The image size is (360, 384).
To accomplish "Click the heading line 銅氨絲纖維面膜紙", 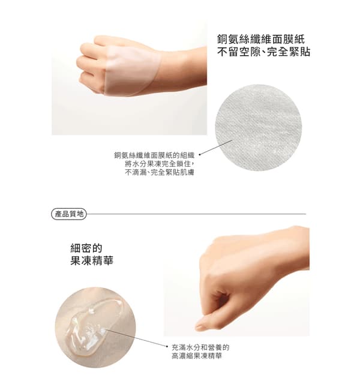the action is coord(261,39).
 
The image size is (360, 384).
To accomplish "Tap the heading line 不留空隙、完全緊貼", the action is coord(263,52).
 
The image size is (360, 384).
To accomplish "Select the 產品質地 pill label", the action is coord(69,214).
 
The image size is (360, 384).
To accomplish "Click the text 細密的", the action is coord(86,248).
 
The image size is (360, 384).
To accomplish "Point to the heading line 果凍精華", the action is coord(92,260).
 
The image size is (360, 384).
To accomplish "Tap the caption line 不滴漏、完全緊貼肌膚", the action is coord(160,172).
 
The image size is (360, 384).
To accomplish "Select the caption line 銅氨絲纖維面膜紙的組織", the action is coord(154,155).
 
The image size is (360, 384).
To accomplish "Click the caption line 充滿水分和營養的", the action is coord(200,347).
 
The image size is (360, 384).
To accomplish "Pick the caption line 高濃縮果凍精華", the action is coord(197,356).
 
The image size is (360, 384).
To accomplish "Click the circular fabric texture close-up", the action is coord(259,128).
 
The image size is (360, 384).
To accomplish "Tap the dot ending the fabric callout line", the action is coord(200,155).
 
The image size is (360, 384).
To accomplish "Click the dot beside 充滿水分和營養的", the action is coord(167,346).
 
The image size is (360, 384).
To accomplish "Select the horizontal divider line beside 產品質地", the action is coord(196,214).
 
